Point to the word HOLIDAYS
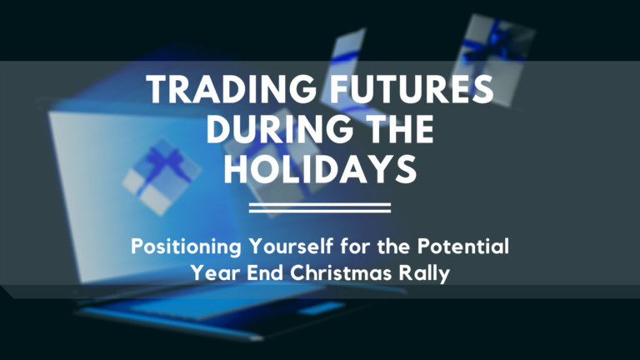click(320, 170)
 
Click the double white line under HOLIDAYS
click(320, 207)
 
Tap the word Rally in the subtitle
click(425, 272)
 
